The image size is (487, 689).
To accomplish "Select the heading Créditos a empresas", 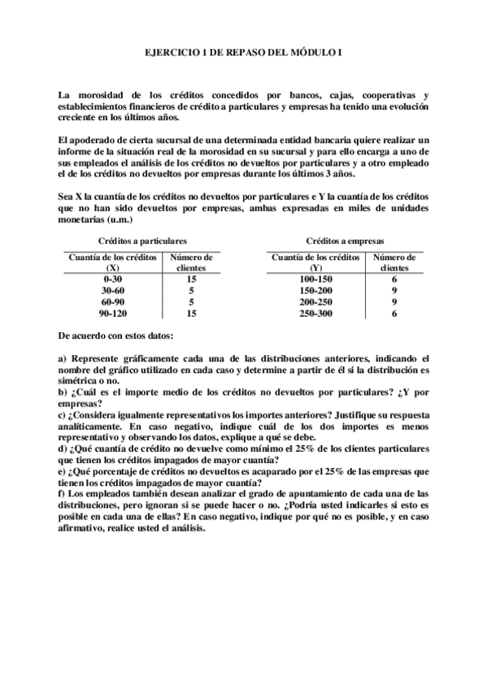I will tap(345, 241).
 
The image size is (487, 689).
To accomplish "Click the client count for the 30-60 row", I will tap(191, 290).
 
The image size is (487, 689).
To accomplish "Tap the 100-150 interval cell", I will tap(315, 279).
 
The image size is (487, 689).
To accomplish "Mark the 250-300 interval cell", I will tap(315, 312).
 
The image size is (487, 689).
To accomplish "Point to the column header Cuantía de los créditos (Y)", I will tap(315, 262).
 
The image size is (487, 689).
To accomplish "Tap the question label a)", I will tap(63, 357).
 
